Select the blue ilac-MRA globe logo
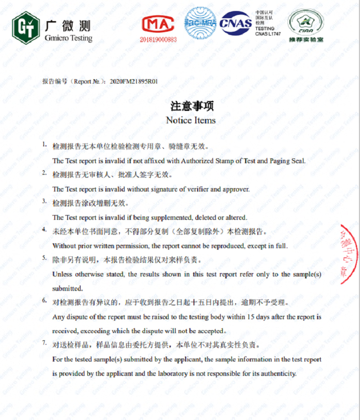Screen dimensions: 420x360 point(200,23)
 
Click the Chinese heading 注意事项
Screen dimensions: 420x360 point(192,106)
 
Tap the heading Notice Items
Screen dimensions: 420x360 point(191,120)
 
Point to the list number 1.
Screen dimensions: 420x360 point(44,144)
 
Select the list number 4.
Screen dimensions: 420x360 point(44,230)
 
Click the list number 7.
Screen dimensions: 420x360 point(44,343)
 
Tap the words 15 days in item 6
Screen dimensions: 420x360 point(258,317)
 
